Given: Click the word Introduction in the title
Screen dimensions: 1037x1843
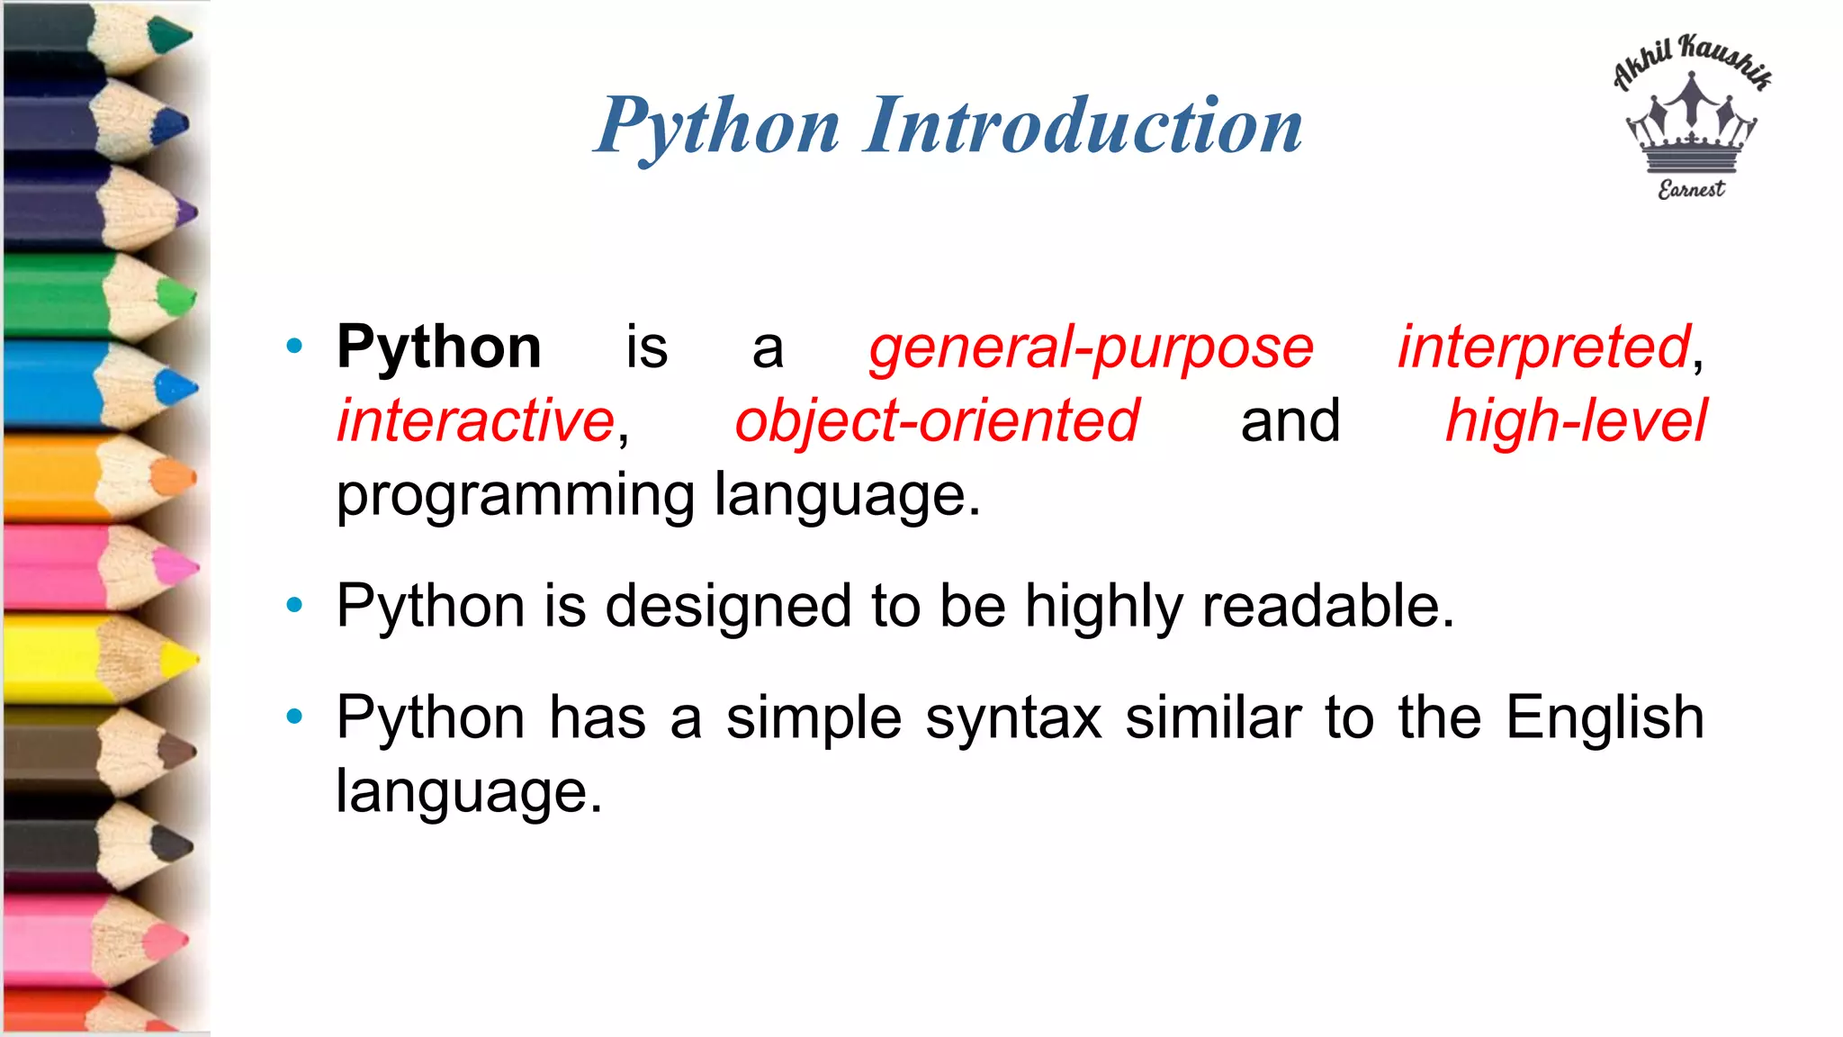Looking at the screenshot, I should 1083,126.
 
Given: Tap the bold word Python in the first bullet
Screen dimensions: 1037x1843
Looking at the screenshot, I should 438,347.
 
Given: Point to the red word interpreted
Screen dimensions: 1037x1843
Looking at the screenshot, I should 1544,347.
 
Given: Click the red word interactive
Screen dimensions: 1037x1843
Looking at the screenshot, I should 476,421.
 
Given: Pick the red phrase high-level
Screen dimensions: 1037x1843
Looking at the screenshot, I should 1576,421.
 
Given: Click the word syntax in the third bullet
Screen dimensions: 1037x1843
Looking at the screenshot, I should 1014,718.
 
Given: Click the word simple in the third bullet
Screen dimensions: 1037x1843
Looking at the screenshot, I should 814,718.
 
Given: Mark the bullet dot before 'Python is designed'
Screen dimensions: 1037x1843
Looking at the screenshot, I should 294,605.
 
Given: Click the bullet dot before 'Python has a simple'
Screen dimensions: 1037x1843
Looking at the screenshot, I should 294,717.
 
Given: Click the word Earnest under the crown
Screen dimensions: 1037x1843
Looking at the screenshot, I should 1691,190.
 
